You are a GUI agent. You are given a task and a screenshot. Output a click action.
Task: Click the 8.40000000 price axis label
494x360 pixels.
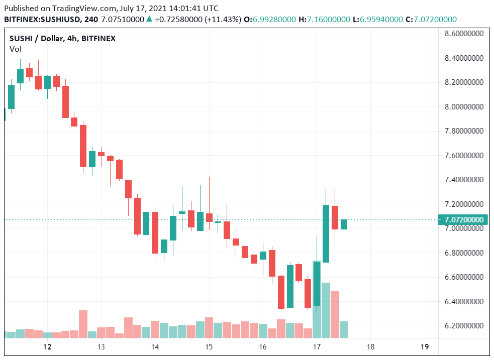click(464, 58)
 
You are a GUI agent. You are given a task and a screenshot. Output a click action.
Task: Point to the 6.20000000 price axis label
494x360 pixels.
click(464, 326)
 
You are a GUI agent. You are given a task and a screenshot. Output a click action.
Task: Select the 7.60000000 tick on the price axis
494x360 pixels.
click(464, 155)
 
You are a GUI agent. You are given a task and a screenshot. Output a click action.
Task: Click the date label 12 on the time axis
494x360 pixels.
click(47, 347)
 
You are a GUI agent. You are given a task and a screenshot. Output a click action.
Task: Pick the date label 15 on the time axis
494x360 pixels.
click(209, 347)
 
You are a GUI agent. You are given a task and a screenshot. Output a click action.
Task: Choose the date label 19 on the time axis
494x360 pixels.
click(424, 347)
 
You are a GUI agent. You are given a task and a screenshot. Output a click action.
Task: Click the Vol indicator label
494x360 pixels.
click(16, 49)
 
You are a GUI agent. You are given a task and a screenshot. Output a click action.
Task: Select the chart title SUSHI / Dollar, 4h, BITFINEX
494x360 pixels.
click(63, 39)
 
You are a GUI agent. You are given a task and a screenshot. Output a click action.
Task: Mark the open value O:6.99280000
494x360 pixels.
click(270, 19)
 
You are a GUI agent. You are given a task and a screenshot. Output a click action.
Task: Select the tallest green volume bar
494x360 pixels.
click(326, 310)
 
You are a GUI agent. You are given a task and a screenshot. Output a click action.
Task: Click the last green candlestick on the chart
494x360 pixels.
click(344, 224)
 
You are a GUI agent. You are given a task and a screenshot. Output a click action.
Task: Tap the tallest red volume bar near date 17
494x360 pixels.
click(335, 314)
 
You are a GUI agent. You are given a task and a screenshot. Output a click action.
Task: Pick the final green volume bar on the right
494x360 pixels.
click(344, 329)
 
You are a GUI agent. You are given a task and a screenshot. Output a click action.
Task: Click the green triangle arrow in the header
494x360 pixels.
click(149, 19)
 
